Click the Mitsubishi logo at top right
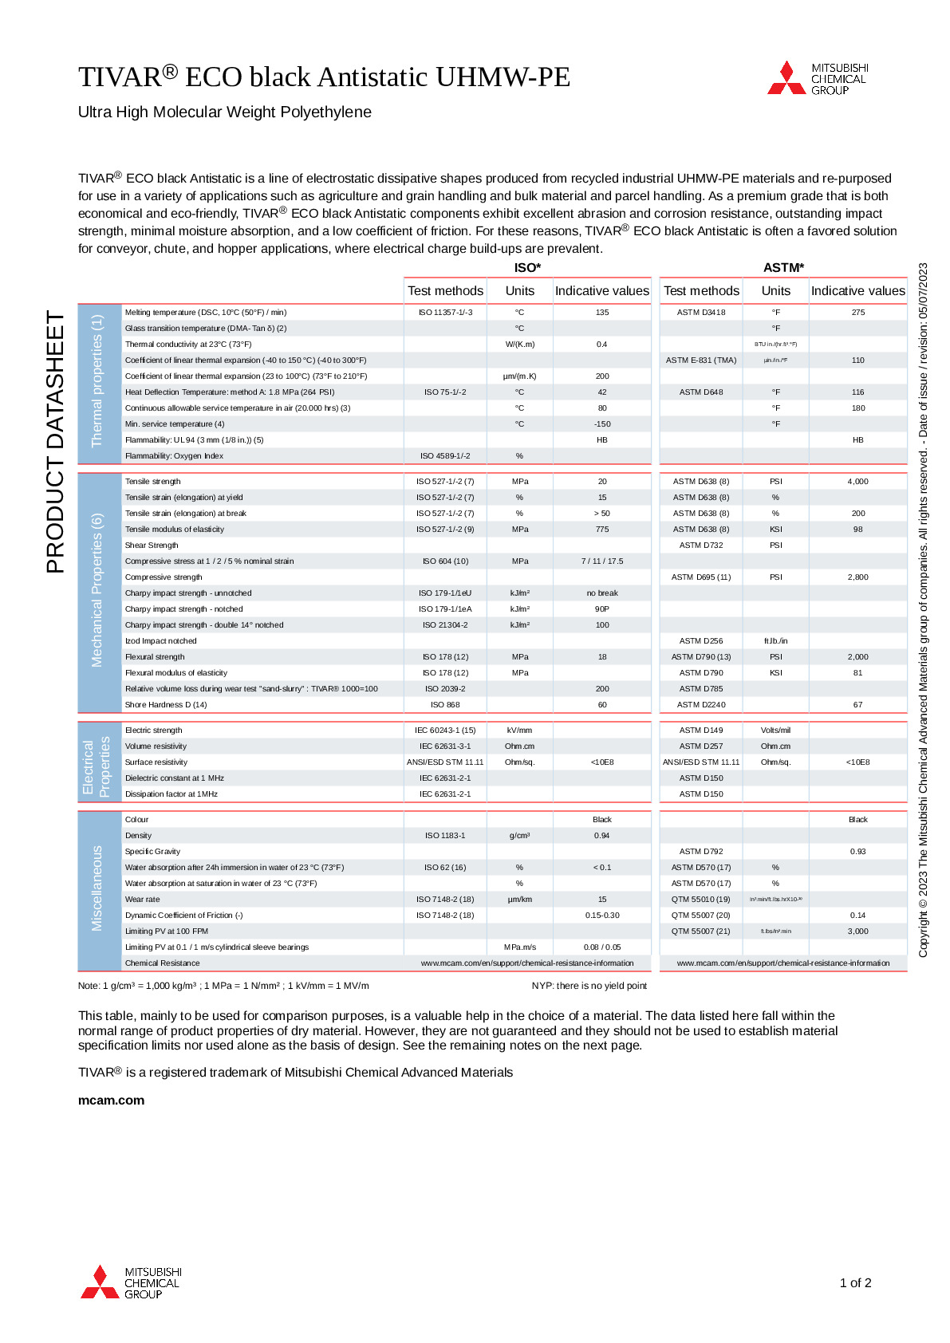(817, 78)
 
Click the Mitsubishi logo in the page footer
(131, 1282)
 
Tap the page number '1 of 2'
(855, 1282)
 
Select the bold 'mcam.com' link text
(111, 1100)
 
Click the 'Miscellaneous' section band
(98, 888)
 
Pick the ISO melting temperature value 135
(602, 313)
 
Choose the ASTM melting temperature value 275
(857, 313)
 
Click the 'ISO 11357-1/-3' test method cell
(445, 313)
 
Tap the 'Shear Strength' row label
(152, 545)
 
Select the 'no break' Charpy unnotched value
(602, 593)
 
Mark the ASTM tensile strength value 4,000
(857, 482)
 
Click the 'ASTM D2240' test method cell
(701, 705)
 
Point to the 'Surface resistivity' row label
(156, 762)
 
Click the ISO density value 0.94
(602, 836)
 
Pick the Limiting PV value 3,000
(857, 931)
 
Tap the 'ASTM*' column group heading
(783, 268)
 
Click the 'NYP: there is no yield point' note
(589, 986)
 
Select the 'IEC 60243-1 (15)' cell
(445, 731)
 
